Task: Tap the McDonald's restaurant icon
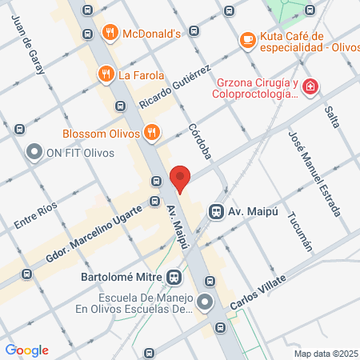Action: point(110,33)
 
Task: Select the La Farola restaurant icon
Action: point(105,75)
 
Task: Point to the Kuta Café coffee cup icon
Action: point(248,38)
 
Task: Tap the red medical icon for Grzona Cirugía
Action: point(310,86)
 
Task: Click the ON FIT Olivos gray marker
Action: point(34,151)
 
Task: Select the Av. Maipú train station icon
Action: point(215,211)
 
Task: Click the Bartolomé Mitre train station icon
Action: point(173,278)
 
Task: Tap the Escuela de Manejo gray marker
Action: point(206,302)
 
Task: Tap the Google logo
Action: point(27,350)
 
